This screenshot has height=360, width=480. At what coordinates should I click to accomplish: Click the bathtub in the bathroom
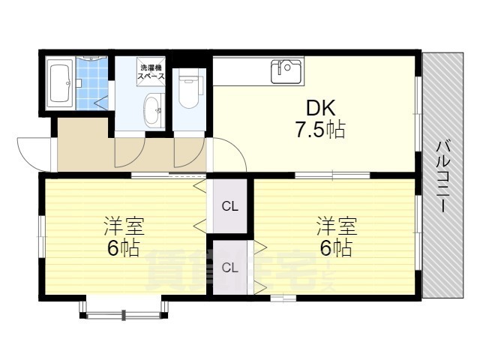click(60, 82)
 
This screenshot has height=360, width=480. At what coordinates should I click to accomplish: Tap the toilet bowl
click(188, 91)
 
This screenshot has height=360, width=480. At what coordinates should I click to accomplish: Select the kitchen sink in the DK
click(286, 71)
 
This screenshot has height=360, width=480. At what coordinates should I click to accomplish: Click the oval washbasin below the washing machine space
click(152, 110)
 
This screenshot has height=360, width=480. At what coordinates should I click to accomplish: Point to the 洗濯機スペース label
click(151, 72)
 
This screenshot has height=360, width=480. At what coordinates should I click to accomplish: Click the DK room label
click(321, 108)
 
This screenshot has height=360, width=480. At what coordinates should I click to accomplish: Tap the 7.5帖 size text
click(320, 130)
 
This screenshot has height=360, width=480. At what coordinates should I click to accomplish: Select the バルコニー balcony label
click(443, 176)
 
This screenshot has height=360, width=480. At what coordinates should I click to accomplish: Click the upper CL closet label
click(230, 207)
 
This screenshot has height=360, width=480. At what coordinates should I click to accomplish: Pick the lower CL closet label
click(230, 268)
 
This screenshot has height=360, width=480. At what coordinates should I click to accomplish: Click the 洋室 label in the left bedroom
click(124, 226)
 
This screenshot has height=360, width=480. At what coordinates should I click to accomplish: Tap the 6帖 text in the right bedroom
click(336, 247)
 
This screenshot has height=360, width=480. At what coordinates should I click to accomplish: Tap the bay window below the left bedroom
click(124, 307)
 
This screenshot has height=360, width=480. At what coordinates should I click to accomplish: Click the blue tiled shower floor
click(91, 83)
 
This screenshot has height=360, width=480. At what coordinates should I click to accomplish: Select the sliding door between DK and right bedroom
click(332, 175)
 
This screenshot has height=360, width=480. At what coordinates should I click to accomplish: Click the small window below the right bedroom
click(283, 298)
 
